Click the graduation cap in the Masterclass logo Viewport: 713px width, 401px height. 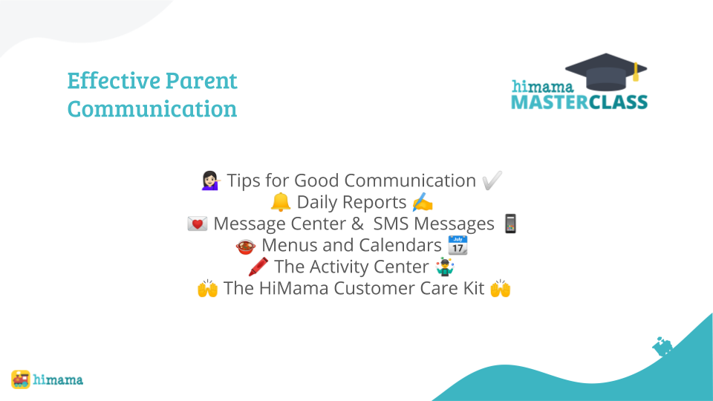(606, 72)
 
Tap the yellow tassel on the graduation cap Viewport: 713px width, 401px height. (636, 72)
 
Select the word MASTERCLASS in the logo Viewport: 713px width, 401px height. (579, 102)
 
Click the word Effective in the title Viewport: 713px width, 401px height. (114, 80)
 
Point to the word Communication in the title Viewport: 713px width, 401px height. (152, 108)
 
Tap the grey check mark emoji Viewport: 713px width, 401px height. (492, 180)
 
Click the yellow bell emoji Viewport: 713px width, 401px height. (281, 202)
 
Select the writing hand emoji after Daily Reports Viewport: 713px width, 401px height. (423, 202)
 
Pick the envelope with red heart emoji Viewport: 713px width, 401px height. (198, 224)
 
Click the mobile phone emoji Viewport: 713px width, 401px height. (511, 224)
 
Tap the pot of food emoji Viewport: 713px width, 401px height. (246, 246)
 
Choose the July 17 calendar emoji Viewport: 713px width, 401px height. (458, 245)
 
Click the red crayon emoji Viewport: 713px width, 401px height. (258, 267)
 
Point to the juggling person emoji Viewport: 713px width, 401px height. (445, 267)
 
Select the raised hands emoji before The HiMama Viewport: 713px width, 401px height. (207, 288)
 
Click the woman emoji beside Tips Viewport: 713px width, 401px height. (210, 180)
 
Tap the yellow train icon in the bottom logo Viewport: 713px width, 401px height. (21, 379)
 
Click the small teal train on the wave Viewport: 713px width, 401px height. (662, 347)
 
